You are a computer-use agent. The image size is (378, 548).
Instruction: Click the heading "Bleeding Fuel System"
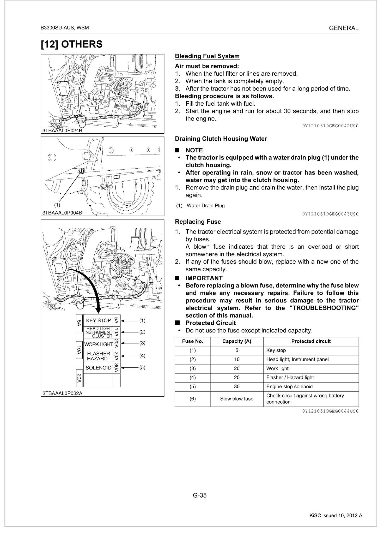(x=207, y=56)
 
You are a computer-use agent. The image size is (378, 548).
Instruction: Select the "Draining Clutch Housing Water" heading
(x=221, y=139)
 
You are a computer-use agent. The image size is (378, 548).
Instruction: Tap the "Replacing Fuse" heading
(x=198, y=222)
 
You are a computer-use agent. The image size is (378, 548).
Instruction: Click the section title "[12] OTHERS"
(x=72, y=44)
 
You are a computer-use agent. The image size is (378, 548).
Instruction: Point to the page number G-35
(x=200, y=495)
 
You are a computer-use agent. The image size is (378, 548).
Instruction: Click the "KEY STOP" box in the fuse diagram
(x=98, y=320)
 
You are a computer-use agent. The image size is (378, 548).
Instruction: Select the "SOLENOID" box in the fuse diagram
(x=98, y=368)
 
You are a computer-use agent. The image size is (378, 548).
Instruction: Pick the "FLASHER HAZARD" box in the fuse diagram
(x=98, y=356)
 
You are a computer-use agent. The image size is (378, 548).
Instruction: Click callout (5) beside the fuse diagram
(x=142, y=367)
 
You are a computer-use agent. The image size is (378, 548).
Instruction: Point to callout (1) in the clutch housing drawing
(x=57, y=204)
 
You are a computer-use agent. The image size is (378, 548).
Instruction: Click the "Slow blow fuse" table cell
(x=236, y=399)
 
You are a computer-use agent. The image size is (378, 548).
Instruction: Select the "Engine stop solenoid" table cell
(x=289, y=386)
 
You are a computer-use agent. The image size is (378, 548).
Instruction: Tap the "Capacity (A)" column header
(x=236, y=341)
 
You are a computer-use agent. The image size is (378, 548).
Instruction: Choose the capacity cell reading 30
(x=236, y=386)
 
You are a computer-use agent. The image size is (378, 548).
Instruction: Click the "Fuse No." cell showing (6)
(x=192, y=399)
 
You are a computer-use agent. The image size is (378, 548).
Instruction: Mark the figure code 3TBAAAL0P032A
(x=62, y=393)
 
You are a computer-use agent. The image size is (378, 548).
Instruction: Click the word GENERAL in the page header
(x=344, y=28)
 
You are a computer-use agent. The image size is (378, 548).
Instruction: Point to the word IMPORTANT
(x=204, y=278)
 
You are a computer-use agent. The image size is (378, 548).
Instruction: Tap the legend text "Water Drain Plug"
(x=206, y=206)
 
